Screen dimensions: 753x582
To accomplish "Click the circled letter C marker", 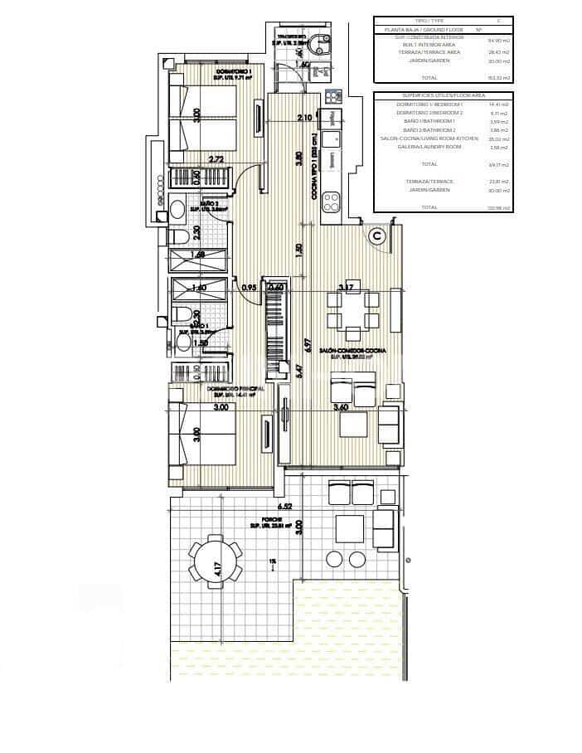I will pyautogui.click(x=377, y=236).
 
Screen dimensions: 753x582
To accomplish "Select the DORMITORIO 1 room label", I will pyautogui.click(x=234, y=72).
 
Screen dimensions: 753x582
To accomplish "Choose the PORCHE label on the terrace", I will pyautogui.click(x=262, y=517).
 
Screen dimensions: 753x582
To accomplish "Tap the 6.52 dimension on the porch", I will pyautogui.click(x=284, y=505).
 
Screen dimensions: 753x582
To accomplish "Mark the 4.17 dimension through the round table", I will pyautogui.click(x=217, y=570).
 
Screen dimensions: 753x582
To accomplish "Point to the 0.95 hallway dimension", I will pyautogui.click(x=246, y=288).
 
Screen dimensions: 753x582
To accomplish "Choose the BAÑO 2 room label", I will pyautogui.click(x=209, y=202).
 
